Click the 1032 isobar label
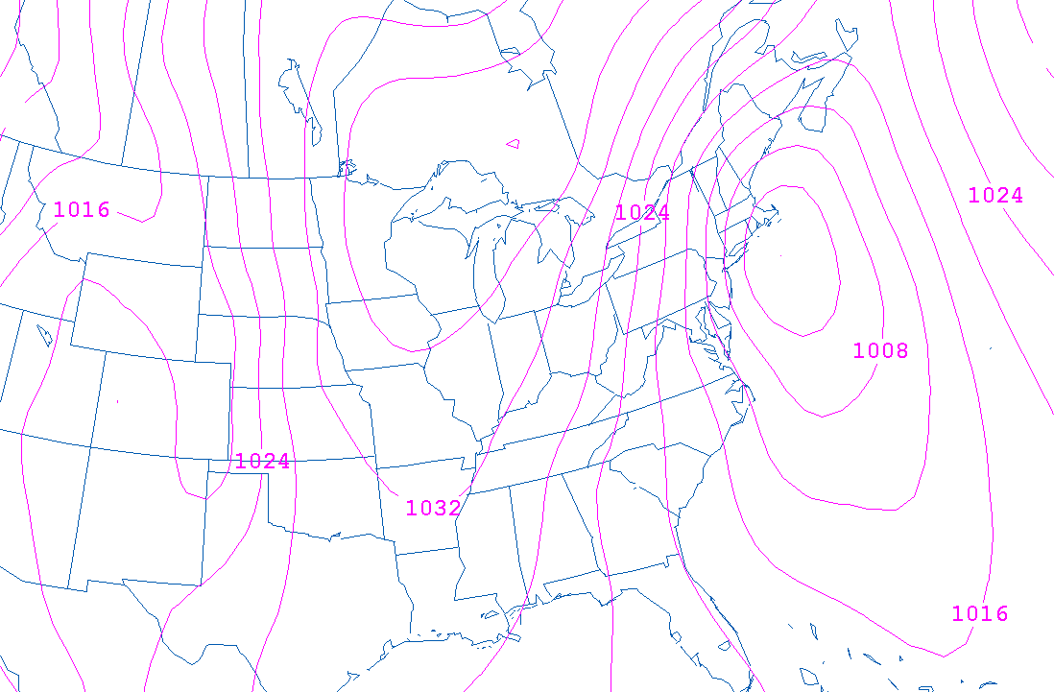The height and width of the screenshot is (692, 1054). point(433,509)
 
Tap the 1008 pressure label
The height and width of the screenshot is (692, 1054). point(880,350)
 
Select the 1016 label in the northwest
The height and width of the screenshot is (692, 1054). point(82,209)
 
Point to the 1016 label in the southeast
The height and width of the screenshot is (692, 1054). point(980,613)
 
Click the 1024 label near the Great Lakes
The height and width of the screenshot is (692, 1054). point(642,213)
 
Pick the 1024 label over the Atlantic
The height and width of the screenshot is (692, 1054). point(995,196)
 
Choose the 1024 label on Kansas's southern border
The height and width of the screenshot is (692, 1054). point(262,462)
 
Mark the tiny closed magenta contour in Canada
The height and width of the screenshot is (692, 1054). point(514,145)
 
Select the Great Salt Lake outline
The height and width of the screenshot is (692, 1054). point(43,335)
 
